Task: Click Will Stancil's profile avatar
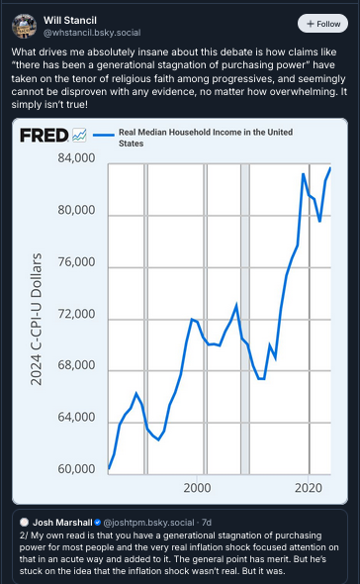click(26, 26)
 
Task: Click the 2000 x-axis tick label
click(197, 489)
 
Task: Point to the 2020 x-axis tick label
click(309, 489)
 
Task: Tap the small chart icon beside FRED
click(79, 135)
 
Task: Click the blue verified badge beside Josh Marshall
click(99, 522)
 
